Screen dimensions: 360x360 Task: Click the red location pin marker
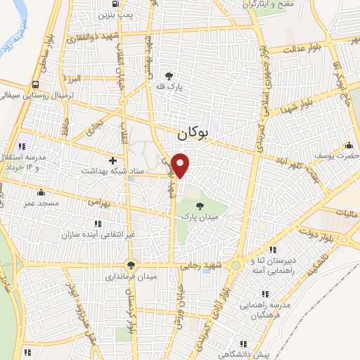coord(181,165)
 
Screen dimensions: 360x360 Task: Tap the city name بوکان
coord(194,131)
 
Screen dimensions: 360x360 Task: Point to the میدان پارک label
coord(202,219)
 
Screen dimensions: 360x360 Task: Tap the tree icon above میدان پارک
coord(200,206)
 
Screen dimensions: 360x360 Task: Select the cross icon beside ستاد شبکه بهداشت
coord(112,160)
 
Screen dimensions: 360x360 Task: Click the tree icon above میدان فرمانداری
coord(131,265)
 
